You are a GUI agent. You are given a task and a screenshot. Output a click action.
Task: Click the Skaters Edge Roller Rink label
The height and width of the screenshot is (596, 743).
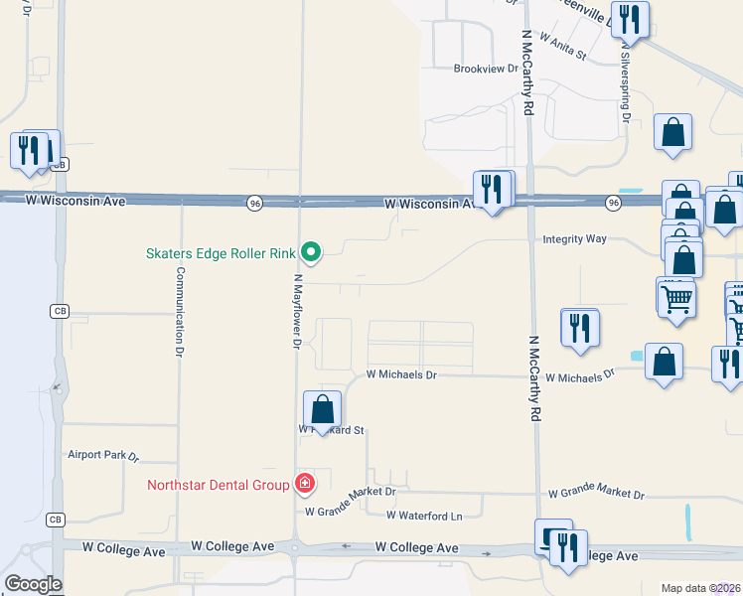coord(223,253)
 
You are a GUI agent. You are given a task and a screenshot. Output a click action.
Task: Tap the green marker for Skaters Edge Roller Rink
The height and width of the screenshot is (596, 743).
coord(311,253)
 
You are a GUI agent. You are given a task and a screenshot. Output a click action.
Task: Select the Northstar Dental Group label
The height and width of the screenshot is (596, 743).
coord(218,486)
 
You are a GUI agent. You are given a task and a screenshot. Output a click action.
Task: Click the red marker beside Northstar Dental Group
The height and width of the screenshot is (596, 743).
coord(305,485)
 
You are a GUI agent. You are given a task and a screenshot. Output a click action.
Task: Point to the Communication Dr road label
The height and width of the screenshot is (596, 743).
coord(181,311)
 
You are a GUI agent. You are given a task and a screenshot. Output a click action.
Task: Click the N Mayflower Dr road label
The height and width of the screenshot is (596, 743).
coord(296,312)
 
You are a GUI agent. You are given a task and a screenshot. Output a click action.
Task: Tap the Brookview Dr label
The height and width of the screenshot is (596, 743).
coord(486,70)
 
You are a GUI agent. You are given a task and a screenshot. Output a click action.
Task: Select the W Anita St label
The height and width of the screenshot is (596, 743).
coord(564,46)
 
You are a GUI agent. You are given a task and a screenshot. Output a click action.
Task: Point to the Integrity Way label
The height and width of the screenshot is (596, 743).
coord(574,239)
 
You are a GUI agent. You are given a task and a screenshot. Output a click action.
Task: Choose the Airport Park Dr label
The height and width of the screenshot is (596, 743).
coord(102,455)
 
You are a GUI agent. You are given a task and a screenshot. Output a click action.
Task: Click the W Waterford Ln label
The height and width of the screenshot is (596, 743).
coord(425,516)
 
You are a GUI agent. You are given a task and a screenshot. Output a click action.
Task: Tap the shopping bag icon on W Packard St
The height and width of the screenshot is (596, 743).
coord(322,409)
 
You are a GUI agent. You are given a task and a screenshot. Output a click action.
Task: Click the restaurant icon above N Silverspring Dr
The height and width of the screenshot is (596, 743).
coord(630,19)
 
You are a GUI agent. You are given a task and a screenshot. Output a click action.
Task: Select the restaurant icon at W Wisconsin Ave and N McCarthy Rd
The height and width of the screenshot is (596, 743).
coord(493,188)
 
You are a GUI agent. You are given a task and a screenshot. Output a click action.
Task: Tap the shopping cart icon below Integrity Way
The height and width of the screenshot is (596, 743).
coord(676,296)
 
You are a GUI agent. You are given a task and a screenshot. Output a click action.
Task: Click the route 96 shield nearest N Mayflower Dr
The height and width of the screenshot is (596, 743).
coord(255,203)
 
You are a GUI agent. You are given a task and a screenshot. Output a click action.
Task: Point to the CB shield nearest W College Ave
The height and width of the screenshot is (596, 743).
coord(55,521)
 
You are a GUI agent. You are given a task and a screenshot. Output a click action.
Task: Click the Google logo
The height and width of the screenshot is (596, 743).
coord(33,584)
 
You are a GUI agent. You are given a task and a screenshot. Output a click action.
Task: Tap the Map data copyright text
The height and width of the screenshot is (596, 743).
coord(700,588)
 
